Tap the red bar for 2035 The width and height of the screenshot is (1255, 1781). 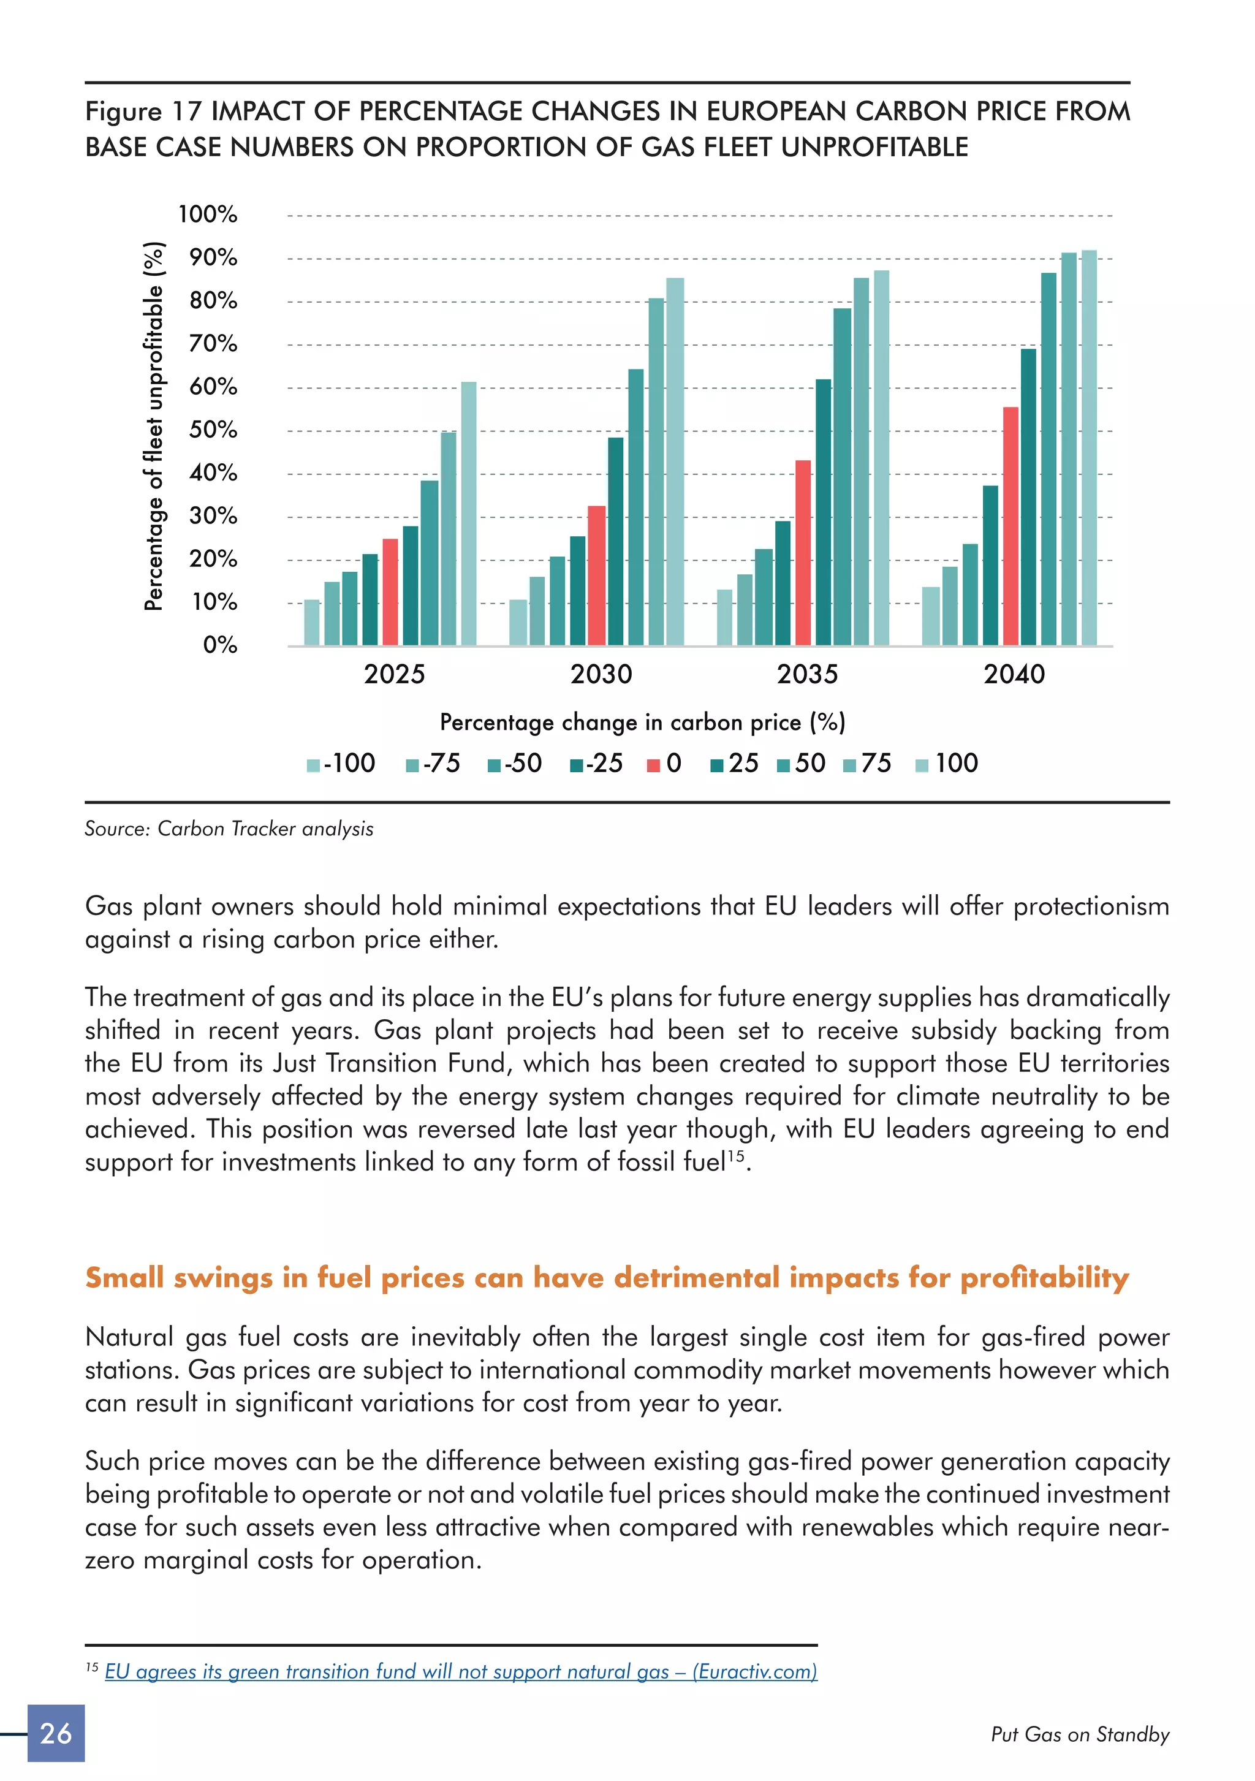(803, 552)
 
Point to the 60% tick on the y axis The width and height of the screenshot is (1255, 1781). (213, 386)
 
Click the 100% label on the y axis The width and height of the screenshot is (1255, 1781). (208, 214)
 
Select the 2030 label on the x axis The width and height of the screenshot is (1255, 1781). (601, 674)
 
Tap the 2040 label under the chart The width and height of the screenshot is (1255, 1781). (1014, 674)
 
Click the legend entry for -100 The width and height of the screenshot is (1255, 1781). (341, 763)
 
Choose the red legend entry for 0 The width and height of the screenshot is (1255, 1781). (664, 763)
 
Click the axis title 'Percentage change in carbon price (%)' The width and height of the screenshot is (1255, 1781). (642, 722)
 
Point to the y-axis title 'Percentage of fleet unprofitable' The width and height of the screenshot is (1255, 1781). (154, 427)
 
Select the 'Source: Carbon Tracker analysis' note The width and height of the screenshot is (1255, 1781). (229, 829)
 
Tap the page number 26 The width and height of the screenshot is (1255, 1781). (56, 1733)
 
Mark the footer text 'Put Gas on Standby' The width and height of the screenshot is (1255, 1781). (1080, 1734)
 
